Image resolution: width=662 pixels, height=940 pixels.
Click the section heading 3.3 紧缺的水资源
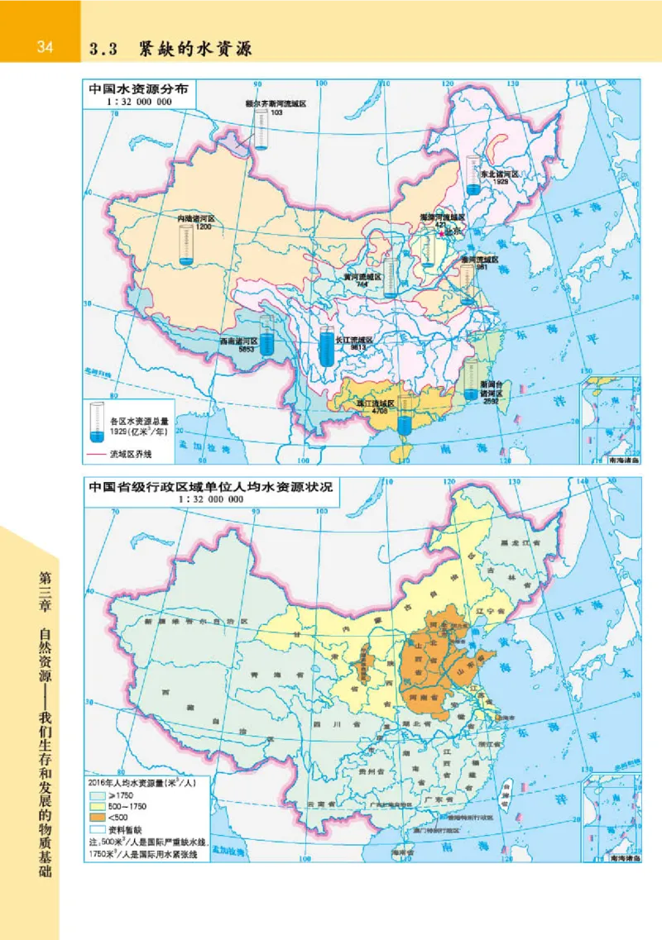point(170,49)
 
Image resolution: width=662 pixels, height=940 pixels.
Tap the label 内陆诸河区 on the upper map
point(196,218)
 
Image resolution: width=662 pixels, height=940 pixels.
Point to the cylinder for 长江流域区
point(327,348)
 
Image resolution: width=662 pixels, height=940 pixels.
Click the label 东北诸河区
point(499,174)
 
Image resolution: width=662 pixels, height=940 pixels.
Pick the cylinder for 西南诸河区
point(266,336)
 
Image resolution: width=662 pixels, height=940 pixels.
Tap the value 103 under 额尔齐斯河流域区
point(276,112)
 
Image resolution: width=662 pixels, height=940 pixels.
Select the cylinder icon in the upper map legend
point(98,419)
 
